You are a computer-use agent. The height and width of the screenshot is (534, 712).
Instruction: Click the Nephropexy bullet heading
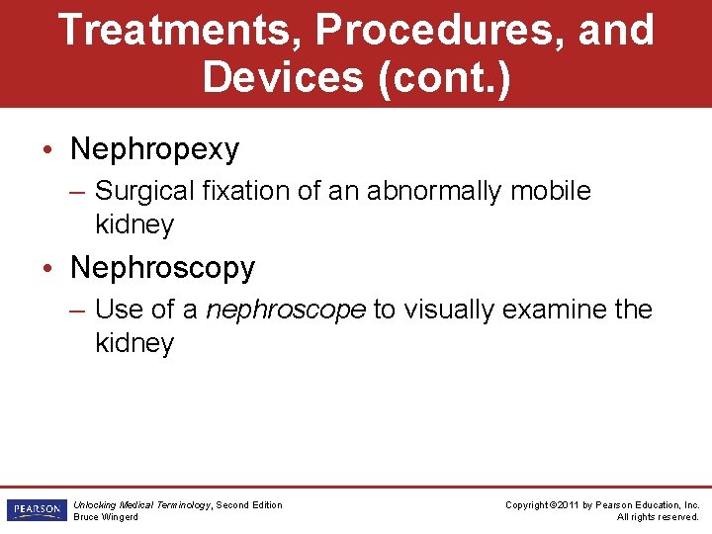(x=155, y=149)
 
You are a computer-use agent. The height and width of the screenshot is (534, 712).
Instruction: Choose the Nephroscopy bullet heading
(x=163, y=268)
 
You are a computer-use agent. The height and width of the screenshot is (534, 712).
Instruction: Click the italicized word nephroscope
(x=286, y=310)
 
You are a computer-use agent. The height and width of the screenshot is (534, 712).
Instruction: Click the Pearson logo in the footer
(x=36, y=510)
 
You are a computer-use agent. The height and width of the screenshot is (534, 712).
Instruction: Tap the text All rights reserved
(x=658, y=517)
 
